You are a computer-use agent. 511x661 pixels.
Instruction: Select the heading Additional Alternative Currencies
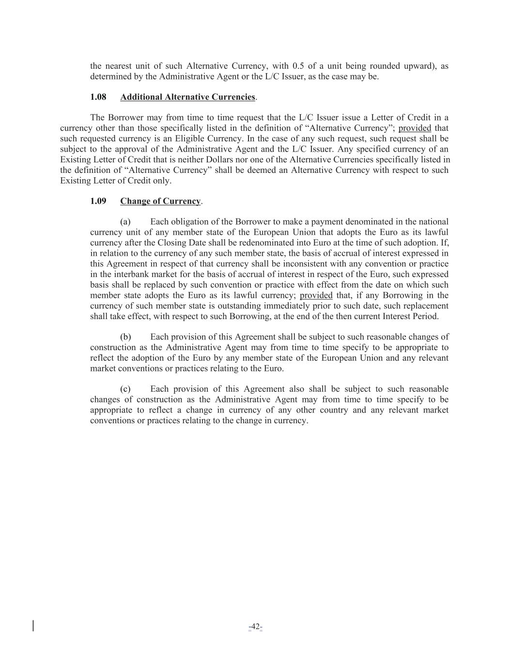click(187, 97)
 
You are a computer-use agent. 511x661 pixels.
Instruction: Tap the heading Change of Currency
click(160, 201)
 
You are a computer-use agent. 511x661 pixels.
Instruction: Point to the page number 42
click(255, 627)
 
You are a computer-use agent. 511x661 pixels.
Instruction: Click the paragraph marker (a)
click(125, 222)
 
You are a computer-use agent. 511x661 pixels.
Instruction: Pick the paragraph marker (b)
click(125, 337)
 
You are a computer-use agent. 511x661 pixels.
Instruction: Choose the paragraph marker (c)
click(125, 389)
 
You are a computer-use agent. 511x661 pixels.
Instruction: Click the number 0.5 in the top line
click(298, 66)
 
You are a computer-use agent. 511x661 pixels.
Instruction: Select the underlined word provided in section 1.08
click(415, 128)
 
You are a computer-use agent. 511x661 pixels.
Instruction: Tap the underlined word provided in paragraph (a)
click(316, 295)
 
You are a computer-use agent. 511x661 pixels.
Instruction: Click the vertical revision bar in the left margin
click(33, 626)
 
